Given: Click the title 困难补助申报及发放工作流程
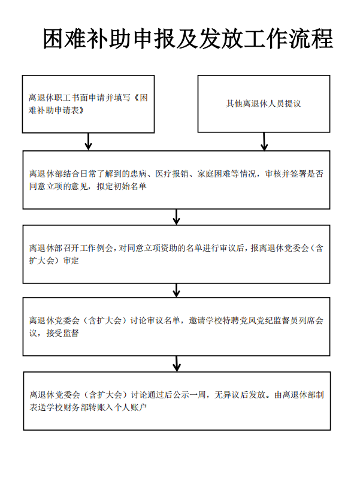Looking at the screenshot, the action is coord(187,39).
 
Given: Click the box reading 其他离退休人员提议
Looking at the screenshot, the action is coord(264,104).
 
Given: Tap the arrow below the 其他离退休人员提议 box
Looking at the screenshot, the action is coord(264,141).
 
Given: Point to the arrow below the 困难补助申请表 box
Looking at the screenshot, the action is coord(88,141).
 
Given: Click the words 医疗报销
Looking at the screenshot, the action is coord(173,174).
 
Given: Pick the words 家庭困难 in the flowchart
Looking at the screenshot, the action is coord(214,174).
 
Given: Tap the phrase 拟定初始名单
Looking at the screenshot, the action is coord(122,186).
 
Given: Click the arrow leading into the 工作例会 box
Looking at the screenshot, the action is coord(176,217).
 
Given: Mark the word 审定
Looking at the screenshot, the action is coord(71,261).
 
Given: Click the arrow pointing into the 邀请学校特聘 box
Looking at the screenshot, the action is coord(176,291).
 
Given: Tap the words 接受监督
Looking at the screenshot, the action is coord(62,333).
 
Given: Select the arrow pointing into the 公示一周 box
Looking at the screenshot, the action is coord(177,364).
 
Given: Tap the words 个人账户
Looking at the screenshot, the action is coord(130,407).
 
